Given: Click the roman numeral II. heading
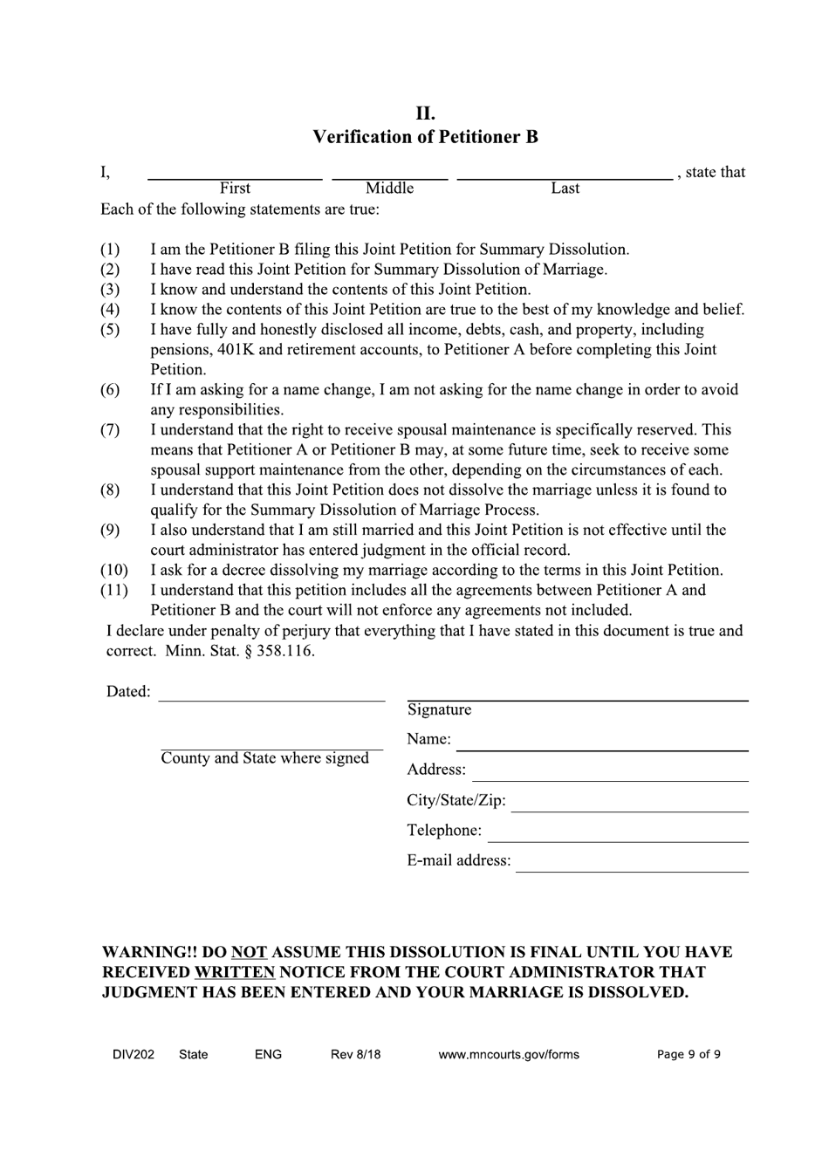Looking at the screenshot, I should (425, 113).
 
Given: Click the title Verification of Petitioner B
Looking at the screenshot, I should (425, 137).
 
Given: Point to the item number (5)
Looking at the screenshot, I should (110, 330).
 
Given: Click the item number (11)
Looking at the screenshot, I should (113, 591).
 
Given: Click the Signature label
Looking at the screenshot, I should (439, 710).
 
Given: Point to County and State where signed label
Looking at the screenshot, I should (264, 758).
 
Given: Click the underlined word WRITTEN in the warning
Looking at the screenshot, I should (235, 972).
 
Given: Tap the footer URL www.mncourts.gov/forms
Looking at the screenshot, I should (508, 1054).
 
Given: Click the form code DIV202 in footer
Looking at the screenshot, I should (134, 1054).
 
